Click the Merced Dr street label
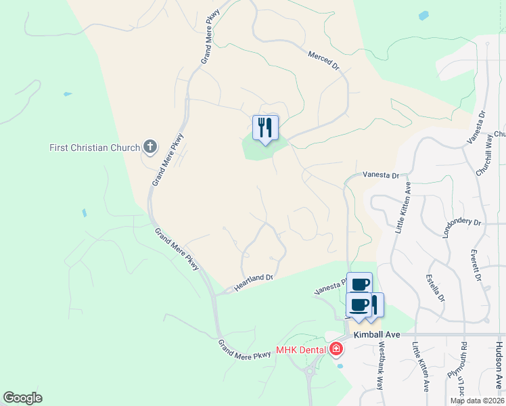[323, 60]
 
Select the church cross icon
[150, 146]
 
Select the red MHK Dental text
[302, 350]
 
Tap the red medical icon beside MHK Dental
[336, 349]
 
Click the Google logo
[22, 398]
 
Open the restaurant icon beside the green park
[265, 127]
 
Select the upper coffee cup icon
[360, 284]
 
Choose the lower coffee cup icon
[359, 304]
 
